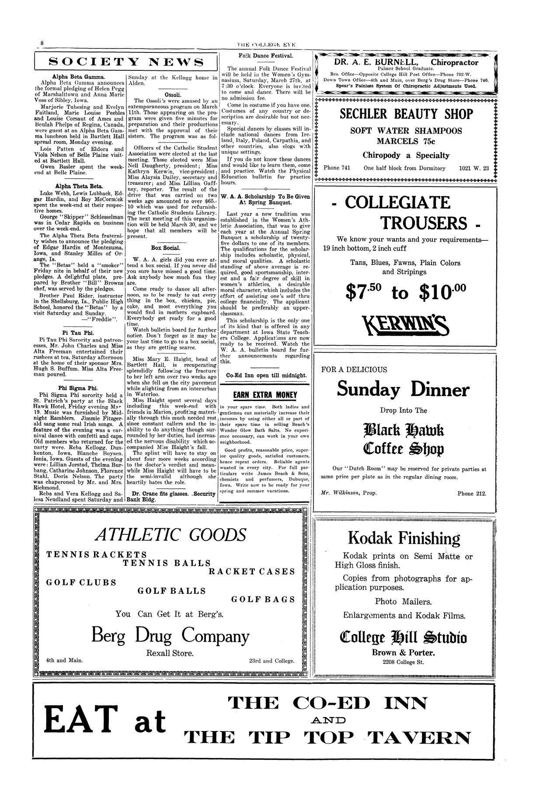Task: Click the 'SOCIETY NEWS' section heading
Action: click(x=126, y=62)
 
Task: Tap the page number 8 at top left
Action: click(x=42, y=43)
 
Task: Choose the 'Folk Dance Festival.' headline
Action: click(x=266, y=56)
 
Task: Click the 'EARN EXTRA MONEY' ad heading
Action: click(x=265, y=395)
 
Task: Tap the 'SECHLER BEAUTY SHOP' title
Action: click(x=406, y=114)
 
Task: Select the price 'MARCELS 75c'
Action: click(x=406, y=142)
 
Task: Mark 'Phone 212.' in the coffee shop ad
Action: click(x=472, y=494)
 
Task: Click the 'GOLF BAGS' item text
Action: click(x=263, y=599)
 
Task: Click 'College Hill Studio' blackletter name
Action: click(x=403, y=638)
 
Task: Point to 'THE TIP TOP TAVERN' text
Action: click(x=327, y=738)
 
